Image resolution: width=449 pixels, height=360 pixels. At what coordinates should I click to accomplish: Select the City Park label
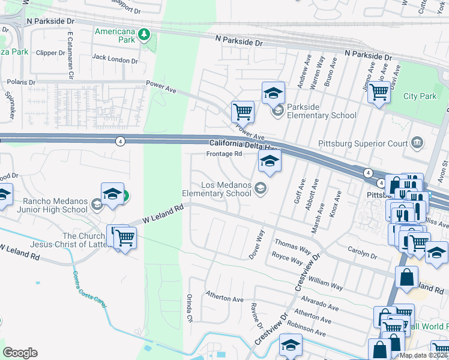pyautogui.click(x=420, y=96)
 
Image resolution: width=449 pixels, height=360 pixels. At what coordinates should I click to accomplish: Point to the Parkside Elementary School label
pyautogui.click(x=321, y=111)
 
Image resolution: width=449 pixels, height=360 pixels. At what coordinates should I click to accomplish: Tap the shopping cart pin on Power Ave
pyautogui.click(x=243, y=111)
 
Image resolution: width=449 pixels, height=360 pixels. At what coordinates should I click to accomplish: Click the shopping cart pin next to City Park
pyautogui.click(x=378, y=93)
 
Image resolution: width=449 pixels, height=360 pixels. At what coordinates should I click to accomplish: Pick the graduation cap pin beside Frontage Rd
pyautogui.click(x=270, y=161)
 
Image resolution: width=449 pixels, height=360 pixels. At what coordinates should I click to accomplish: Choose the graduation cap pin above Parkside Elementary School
pyautogui.click(x=273, y=93)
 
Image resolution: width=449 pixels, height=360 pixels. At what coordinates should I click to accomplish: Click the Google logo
pyautogui.click(x=20, y=353)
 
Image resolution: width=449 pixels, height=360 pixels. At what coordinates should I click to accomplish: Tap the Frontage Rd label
pyautogui.click(x=224, y=154)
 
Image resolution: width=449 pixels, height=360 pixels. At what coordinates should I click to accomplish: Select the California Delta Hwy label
pyautogui.click(x=244, y=143)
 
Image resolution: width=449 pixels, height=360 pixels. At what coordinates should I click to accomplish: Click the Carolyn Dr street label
pyautogui.click(x=361, y=251)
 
